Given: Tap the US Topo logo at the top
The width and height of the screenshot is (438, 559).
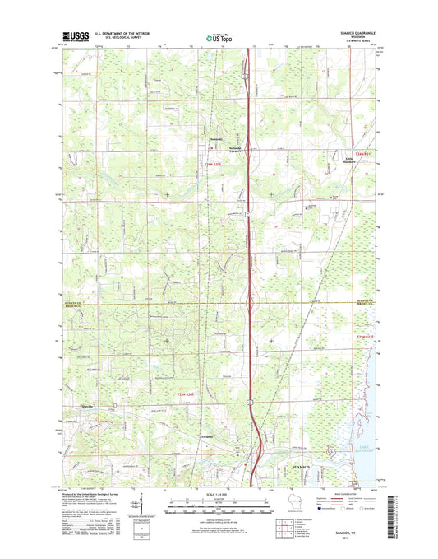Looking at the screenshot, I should point(219,36).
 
